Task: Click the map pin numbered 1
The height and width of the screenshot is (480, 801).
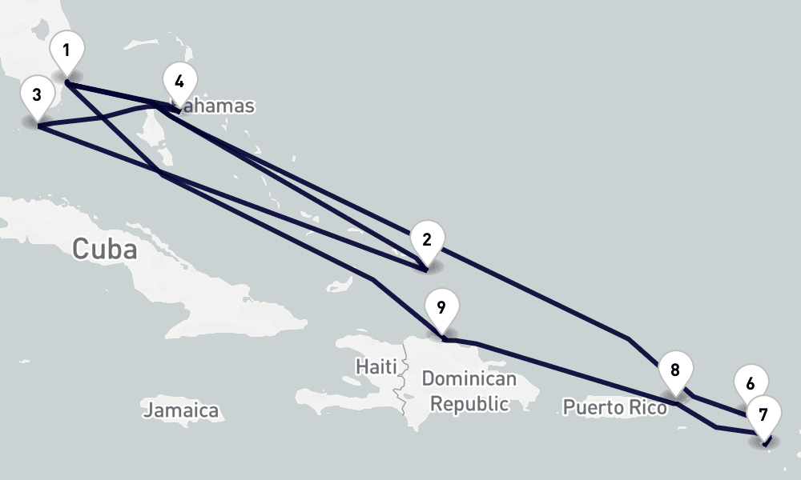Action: coord(66,52)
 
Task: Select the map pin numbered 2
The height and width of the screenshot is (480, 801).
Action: coord(426,241)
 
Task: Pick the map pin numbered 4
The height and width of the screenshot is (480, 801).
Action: coord(179,82)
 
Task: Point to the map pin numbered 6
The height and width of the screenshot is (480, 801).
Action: coord(750,385)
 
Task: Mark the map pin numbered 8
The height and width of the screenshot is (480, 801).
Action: coord(675,371)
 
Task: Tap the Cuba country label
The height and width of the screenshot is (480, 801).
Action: coord(104,249)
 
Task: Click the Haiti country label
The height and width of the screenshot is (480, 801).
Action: coord(376,366)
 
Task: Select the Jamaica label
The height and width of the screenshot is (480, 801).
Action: coord(181,410)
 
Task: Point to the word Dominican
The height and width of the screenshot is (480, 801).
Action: coord(469,378)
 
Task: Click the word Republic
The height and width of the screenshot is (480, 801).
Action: coord(469,403)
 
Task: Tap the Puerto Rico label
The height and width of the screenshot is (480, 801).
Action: coord(614,407)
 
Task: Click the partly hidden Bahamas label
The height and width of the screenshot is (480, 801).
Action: coord(220,106)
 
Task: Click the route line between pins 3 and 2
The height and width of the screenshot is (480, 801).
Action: coord(240,193)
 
